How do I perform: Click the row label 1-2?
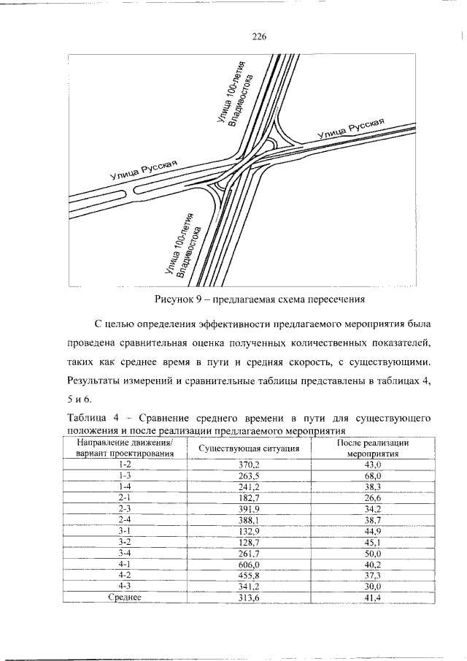124,464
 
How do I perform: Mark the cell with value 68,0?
373,475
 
